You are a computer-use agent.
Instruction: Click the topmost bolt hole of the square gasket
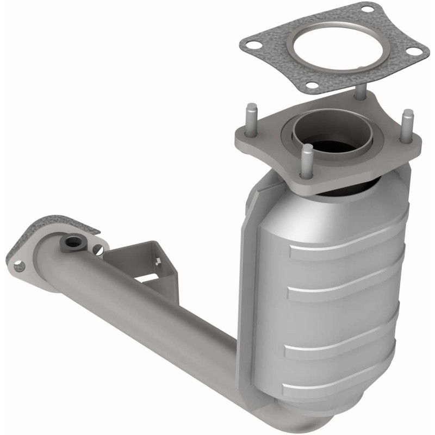pyautogui.click(x=368, y=9)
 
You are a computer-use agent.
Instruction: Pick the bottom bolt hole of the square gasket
pyautogui.click(x=312, y=85)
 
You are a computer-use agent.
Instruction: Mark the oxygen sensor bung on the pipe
pyautogui.click(x=71, y=243)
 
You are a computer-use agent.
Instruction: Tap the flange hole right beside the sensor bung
pyautogui.click(x=97, y=249)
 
